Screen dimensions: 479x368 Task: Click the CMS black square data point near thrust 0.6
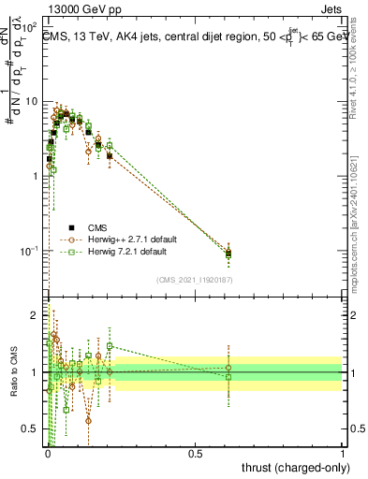tap(228, 254)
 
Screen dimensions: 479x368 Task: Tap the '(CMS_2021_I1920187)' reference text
tap(195, 280)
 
